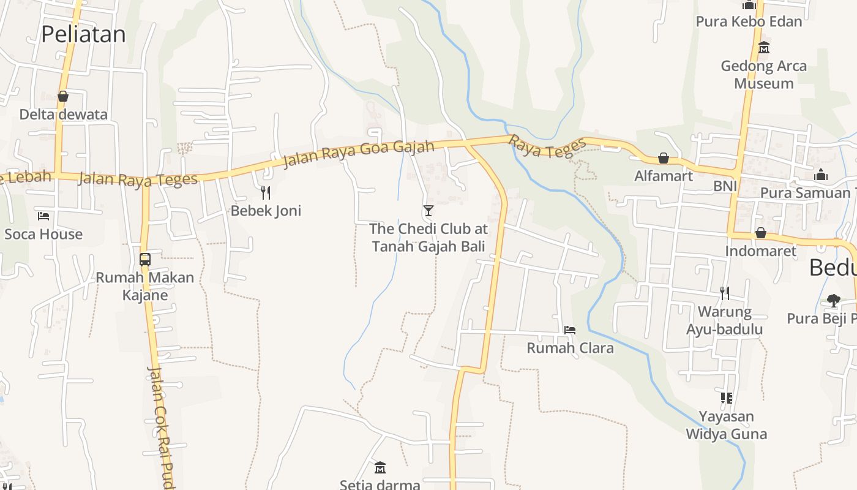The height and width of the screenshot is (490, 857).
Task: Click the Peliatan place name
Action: (83, 34)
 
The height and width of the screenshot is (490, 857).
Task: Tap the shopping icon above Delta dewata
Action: (63, 96)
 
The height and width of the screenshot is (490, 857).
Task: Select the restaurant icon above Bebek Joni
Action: (266, 193)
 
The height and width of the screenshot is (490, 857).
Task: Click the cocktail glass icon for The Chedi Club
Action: (428, 211)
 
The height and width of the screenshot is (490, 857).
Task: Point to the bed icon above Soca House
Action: (43, 216)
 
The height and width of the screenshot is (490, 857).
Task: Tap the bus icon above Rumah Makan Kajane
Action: (145, 259)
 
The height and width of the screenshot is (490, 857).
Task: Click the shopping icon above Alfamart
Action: (663, 158)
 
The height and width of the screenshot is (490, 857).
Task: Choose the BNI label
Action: (725, 186)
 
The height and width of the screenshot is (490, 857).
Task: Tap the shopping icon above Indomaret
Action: (760, 233)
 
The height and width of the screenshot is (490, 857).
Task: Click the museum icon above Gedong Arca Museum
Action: (763, 47)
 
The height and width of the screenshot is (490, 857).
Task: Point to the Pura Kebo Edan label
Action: (749, 22)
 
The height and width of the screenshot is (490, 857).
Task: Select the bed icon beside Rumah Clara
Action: (570, 330)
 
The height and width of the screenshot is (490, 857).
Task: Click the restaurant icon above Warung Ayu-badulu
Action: (725, 293)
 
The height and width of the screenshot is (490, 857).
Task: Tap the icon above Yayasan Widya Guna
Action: (726, 398)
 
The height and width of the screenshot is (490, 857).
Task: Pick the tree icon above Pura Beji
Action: (833, 300)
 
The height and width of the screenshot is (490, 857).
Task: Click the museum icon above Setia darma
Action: (380, 467)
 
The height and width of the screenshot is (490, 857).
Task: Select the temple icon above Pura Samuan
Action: (821, 175)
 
